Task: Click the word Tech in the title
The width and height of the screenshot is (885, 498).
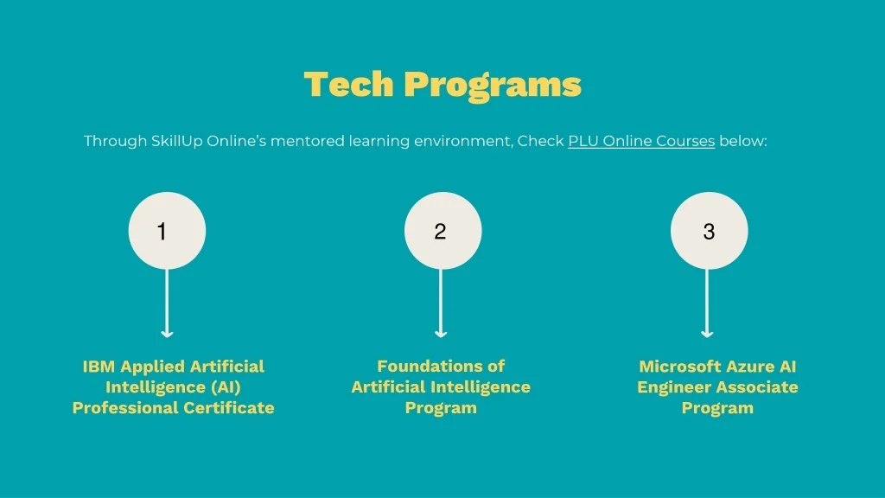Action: (348, 84)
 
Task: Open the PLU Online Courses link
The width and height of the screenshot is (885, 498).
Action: (641, 141)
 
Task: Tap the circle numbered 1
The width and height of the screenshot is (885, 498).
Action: (167, 230)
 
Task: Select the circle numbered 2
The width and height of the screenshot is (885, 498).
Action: (442, 230)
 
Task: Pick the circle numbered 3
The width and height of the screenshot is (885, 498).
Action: (709, 230)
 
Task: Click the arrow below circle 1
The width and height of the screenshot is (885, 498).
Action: (167, 303)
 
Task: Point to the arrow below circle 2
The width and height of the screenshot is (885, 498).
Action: (441, 303)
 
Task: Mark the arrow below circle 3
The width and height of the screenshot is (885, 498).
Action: (707, 303)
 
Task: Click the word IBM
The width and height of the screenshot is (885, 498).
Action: (99, 367)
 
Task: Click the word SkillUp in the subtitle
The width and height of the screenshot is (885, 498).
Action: (176, 141)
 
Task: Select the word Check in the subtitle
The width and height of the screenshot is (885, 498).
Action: (541, 141)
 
